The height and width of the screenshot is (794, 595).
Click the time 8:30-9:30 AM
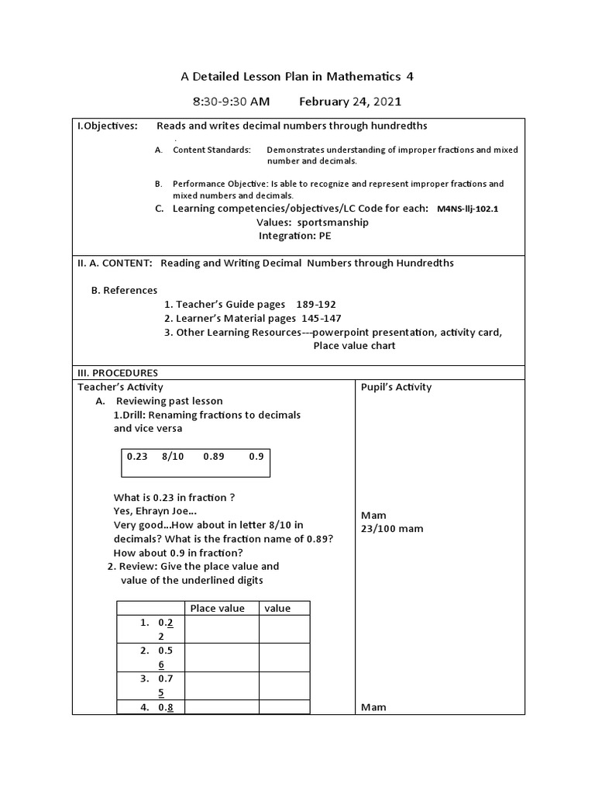pos(232,102)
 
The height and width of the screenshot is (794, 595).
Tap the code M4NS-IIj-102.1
pos(467,209)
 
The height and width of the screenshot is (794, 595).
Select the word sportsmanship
pos(319,222)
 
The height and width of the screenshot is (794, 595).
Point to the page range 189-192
pos(314,304)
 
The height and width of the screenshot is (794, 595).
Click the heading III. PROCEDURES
pos(116,373)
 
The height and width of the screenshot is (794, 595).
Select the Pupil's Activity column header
pos(396,387)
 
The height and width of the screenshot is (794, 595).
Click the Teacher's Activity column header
pos(120,387)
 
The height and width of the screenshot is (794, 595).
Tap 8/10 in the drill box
pos(173,457)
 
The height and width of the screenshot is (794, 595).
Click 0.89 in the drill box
pos(214,457)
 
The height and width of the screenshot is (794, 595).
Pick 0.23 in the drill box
pos(136,457)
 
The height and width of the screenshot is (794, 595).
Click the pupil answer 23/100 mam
pos(392,529)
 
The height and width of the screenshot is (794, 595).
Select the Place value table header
pos(217,609)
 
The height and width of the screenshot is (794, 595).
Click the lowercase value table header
pos(277,609)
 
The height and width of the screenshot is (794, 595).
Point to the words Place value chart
pos(354,346)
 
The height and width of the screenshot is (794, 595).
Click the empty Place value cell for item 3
pos(222,685)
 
